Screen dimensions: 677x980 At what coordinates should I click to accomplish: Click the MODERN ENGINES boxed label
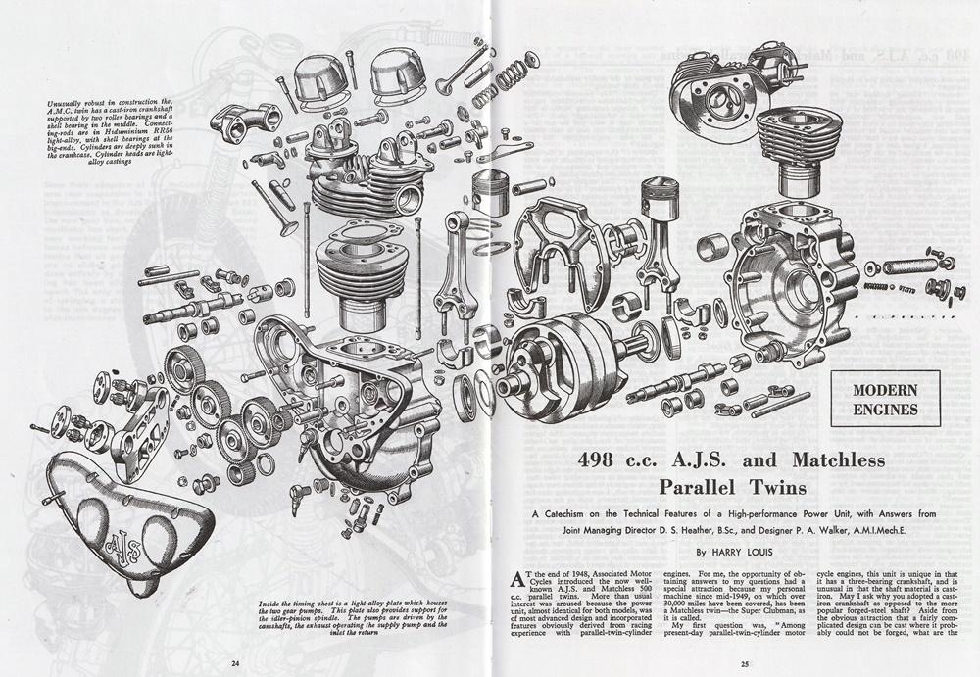tap(877, 399)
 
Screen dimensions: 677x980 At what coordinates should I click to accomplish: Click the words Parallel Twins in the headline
tap(731, 486)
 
